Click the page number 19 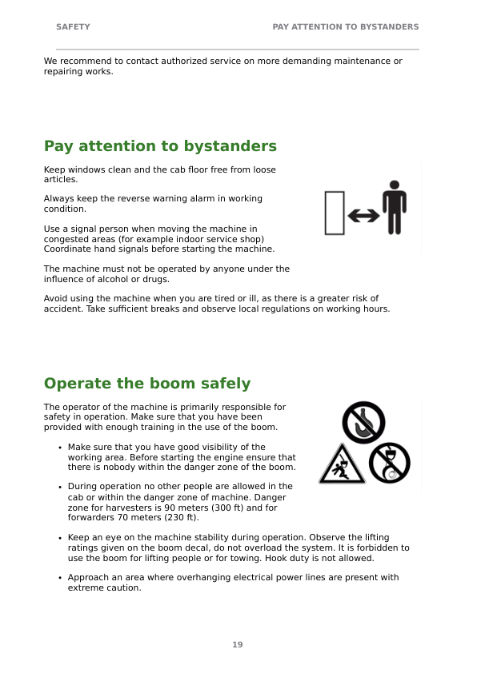point(238,645)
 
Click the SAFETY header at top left point(73,26)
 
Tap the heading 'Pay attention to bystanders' point(160,146)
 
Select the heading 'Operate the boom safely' point(147,383)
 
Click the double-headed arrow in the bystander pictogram point(363,216)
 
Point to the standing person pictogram point(395,207)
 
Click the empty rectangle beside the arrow point(335,213)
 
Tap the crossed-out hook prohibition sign point(363,422)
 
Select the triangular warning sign point(342,464)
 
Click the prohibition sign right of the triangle point(390,463)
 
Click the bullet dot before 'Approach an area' point(60,578)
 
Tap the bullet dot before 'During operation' point(60,487)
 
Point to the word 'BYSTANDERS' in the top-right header point(389,26)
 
